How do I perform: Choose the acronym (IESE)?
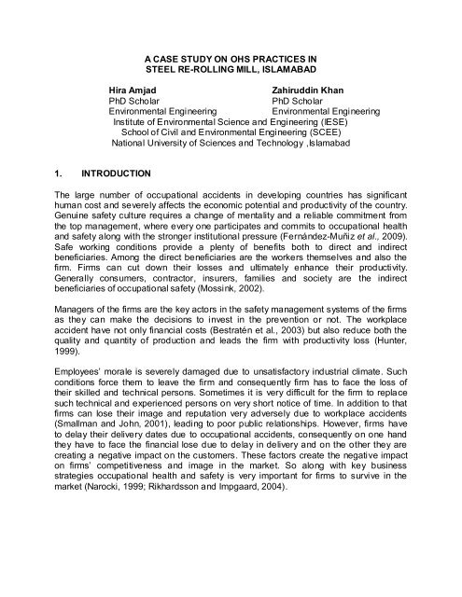pyautogui.click(x=326, y=122)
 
